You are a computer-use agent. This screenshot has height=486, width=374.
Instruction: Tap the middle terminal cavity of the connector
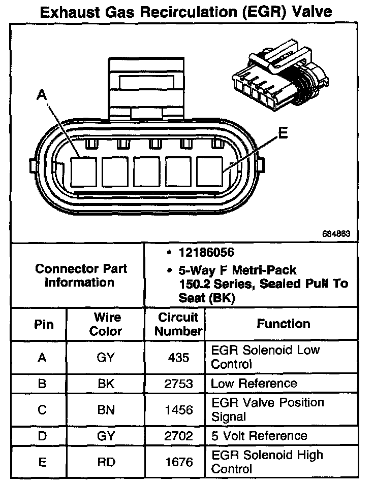(x=149, y=171)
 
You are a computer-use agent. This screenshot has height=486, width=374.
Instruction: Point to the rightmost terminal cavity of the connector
(x=211, y=171)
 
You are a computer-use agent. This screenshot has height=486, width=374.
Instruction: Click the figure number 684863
(x=336, y=234)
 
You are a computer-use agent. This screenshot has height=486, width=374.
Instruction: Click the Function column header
(x=283, y=324)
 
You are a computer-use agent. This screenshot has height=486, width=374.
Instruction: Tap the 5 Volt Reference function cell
(x=259, y=436)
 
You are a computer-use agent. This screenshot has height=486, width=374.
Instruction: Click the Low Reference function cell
(x=254, y=384)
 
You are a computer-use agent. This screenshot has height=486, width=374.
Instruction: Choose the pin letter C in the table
(x=42, y=409)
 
